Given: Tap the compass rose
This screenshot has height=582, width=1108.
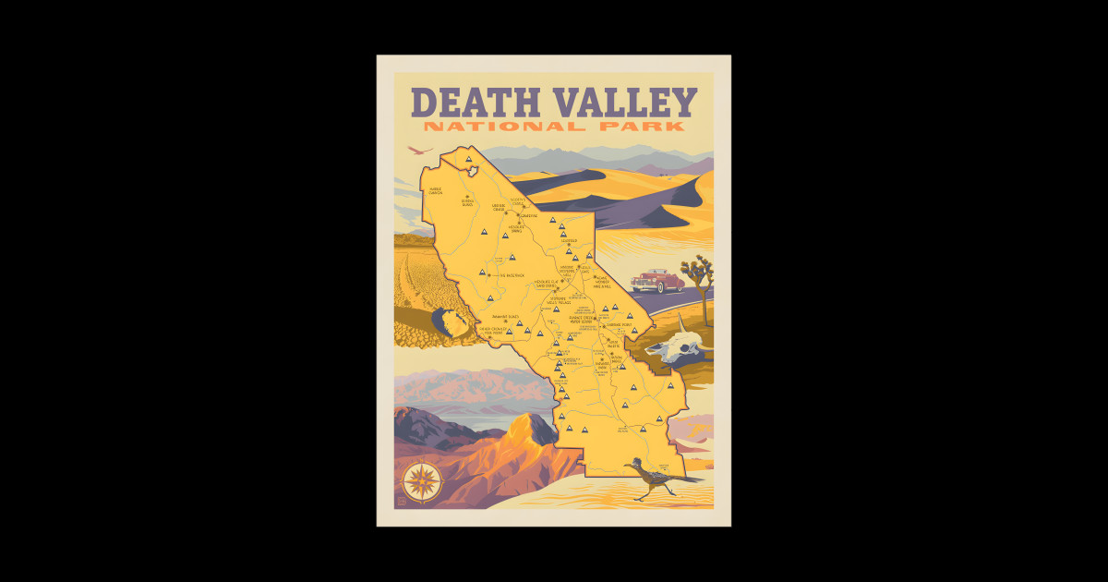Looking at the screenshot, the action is point(422,480).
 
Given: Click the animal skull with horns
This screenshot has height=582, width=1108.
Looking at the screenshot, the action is point(677,346).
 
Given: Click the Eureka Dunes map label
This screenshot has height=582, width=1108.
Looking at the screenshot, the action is point(467,201).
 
